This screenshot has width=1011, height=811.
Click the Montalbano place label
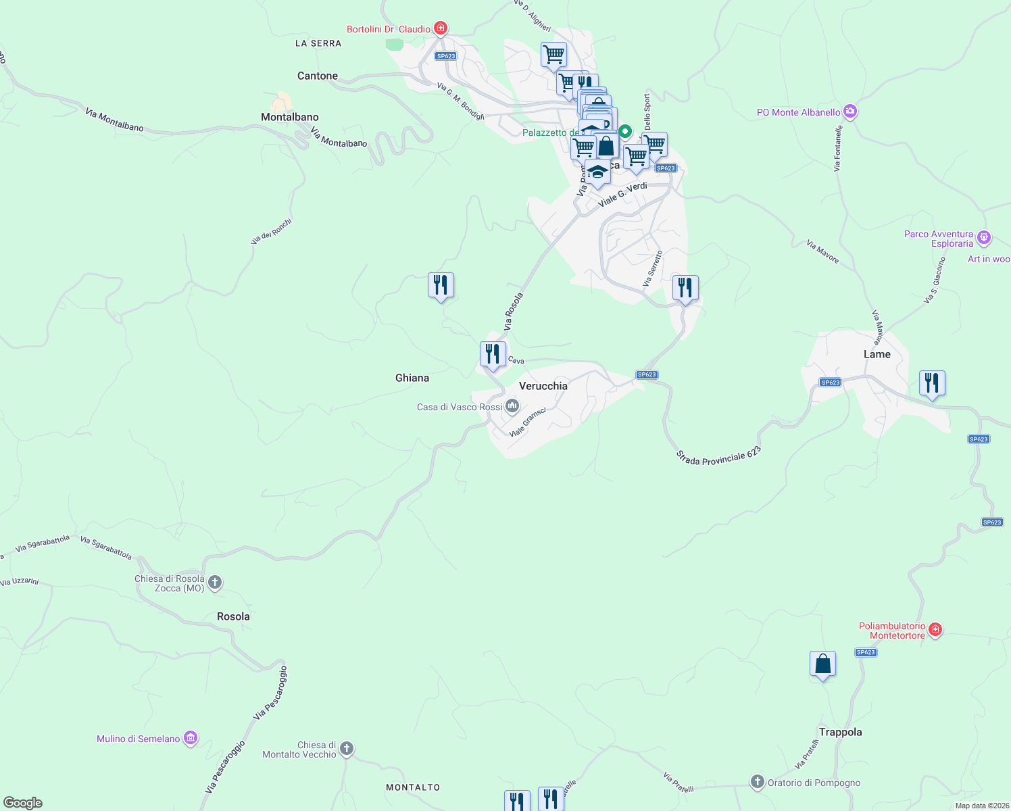(x=289, y=117)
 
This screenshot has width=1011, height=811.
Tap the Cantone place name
(x=317, y=76)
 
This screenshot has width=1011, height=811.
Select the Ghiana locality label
(x=412, y=378)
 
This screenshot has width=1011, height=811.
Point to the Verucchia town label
(x=543, y=386)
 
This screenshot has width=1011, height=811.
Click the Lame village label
(x=877, y=354)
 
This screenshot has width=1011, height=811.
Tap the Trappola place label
(x=840, y=732)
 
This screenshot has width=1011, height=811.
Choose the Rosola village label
(x=233, y=616)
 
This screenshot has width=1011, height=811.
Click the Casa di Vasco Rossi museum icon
(x=512, y=406)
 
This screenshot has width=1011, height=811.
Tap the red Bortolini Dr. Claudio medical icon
(x=441, y=28)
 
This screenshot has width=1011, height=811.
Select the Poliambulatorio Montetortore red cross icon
(x=935, y=630)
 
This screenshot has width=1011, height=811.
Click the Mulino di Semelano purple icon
(x=191, y=738)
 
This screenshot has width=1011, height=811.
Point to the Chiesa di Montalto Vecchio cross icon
(x=346, y=749)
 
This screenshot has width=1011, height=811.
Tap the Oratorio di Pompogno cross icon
(x=757, y=782)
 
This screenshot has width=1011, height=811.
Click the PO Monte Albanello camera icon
(x=850, y=112)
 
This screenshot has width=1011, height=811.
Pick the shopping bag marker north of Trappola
(x=822, y=664)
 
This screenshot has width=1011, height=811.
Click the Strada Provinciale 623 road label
(x=718, y=456)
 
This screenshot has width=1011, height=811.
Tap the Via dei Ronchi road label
(x=271, y=231)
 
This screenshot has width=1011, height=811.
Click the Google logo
(x=23, y=802)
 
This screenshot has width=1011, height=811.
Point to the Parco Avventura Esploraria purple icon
(x=984, y=237)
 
